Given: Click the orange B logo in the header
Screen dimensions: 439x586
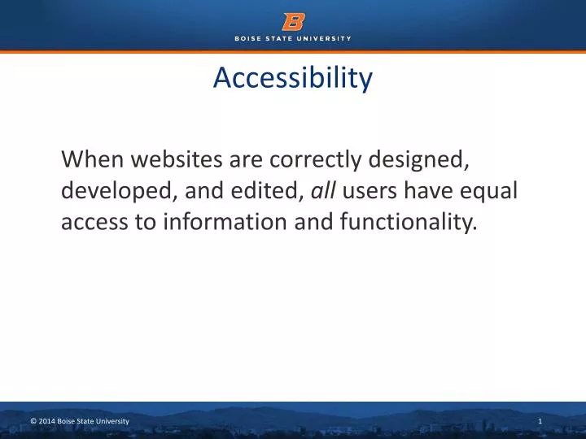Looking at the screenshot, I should tap(293, 21).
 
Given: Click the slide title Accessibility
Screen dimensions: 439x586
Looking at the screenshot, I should tap(293, 78).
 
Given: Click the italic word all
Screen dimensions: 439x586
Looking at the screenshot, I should tap(324, 191).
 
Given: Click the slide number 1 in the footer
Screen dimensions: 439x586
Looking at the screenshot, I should tap(540, 420).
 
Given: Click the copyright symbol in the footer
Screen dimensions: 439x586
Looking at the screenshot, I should tap(33, 420).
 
